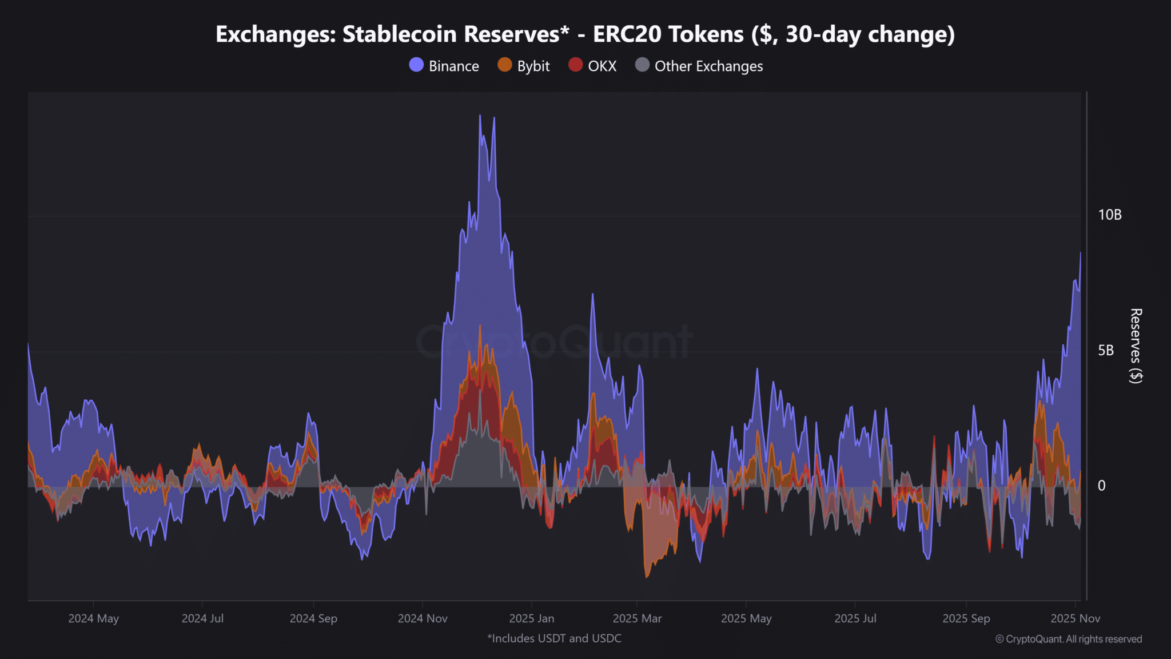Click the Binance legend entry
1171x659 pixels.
tap(444, 66)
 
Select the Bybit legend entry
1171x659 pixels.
tap(524, 66)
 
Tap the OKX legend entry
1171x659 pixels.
tap(592, 66)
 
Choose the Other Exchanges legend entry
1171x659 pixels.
tap(699, 66)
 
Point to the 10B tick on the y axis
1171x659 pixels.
tap(1109, 215)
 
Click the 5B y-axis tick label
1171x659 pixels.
tap(1105, 351)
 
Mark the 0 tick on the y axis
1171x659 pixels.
tap(1101, 486)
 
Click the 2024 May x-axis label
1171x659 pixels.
tap(93, 618)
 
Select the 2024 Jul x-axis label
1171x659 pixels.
tap(202, 618)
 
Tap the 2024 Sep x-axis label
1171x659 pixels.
tap(313, 618)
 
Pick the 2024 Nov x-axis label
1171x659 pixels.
tap(423, 618)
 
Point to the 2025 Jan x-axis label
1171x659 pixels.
tap(531, 618)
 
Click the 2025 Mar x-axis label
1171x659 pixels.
tap(637, 618)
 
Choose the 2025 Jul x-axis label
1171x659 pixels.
tap(855, 618)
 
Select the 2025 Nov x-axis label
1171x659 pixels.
tap(1075, 618)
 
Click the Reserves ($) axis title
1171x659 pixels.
tap(1136, 346)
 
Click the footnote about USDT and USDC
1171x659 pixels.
tap(554, 638)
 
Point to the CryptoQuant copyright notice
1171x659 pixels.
tap(1068, 639)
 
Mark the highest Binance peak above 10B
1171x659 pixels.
tap(480, 116)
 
